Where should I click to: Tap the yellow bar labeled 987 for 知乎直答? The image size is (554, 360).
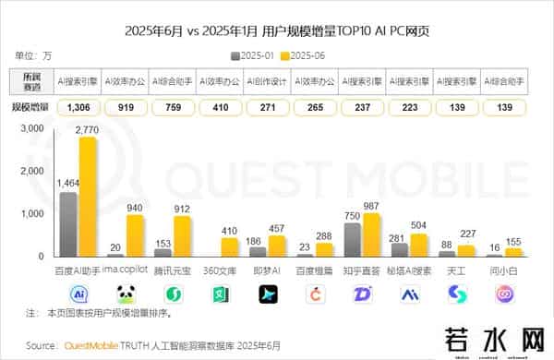tap(371, 234)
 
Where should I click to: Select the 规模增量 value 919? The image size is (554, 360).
tap(126, 108)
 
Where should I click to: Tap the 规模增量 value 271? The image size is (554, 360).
tap(268, 108)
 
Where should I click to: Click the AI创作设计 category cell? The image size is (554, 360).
tap(268, 81)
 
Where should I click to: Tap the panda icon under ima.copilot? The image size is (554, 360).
tap(126, 294)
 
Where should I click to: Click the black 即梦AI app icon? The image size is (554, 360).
tap(267, 294)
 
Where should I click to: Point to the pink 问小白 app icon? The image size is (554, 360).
tap(504, 294)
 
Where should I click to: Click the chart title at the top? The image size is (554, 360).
tap(277, 30)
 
